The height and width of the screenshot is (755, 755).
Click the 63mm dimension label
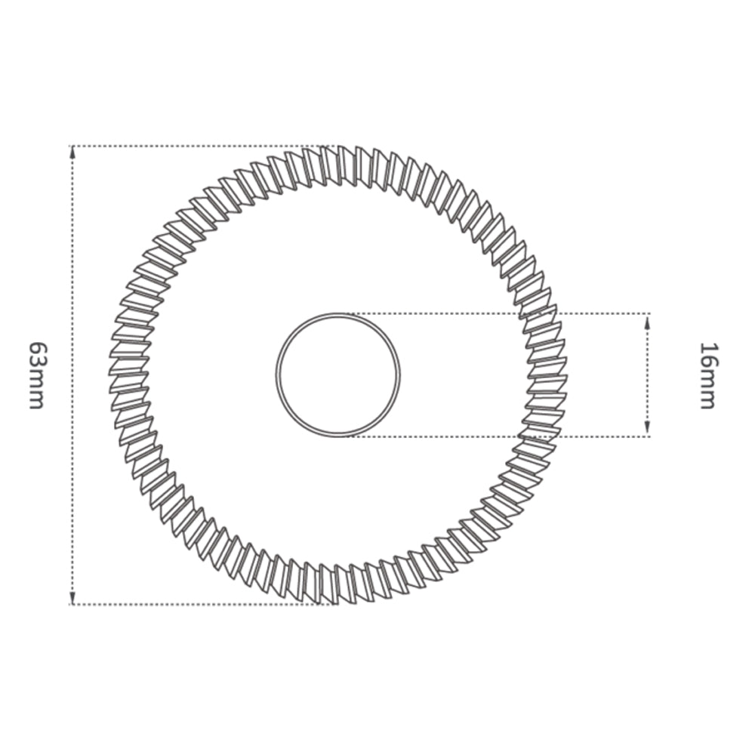[36, 375]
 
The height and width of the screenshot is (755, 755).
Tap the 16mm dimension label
[707, 375]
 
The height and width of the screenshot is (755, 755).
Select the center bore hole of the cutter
[338, 375]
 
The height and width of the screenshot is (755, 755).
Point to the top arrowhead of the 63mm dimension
[72, 153]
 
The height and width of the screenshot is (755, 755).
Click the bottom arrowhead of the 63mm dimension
[72, 597]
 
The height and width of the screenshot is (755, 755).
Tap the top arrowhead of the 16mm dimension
[648, 320]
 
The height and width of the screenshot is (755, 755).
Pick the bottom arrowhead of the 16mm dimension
[648, 430]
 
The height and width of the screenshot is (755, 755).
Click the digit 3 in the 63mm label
[36, 368]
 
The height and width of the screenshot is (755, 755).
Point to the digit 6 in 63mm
[36, 350]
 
